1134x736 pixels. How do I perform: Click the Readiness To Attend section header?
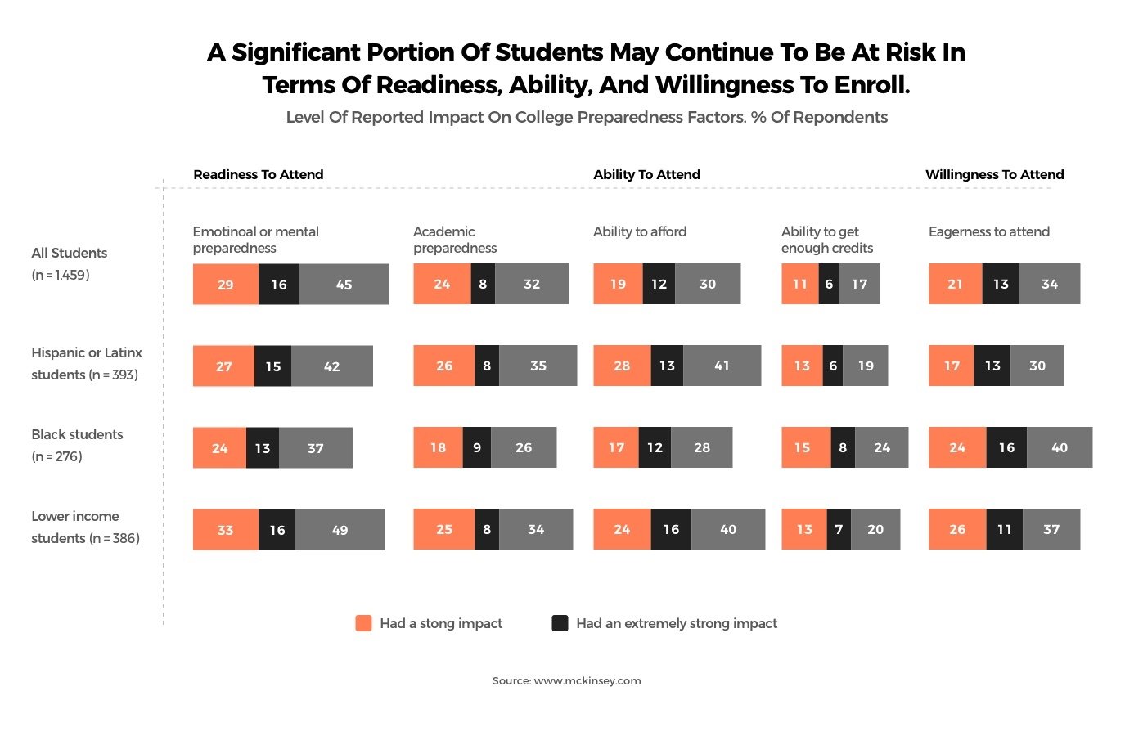[x=258, y=174]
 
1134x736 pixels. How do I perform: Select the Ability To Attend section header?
[x=646, y=174]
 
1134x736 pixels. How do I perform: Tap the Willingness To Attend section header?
[x=994, y=174]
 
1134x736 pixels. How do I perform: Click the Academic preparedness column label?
[x=455, y=240]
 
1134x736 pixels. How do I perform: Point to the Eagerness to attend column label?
[x=988, y=231]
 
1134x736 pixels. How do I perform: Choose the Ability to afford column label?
[x=639, y=231]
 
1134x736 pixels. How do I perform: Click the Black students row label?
[x=77, y=445]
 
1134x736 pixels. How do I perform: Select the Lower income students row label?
[x=85, y=527]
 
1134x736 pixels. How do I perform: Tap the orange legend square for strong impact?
[x=363, y=623]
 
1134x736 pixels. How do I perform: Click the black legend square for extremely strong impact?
[x=560, y=623]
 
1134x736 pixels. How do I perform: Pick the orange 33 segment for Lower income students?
[x=225, y=529]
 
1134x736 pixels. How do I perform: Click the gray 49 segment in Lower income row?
[x=340, y=529]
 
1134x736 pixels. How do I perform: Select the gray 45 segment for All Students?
[x=344, y=284]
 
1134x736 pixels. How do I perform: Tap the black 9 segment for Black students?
[x=477, y=447]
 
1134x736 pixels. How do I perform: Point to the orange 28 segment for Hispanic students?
[x=622, y=366]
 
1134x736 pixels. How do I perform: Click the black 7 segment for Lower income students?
[x=839, y=529]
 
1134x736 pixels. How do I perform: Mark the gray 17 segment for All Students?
[x=859, y=284]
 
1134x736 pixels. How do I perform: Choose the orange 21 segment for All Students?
[x=955, y=284]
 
